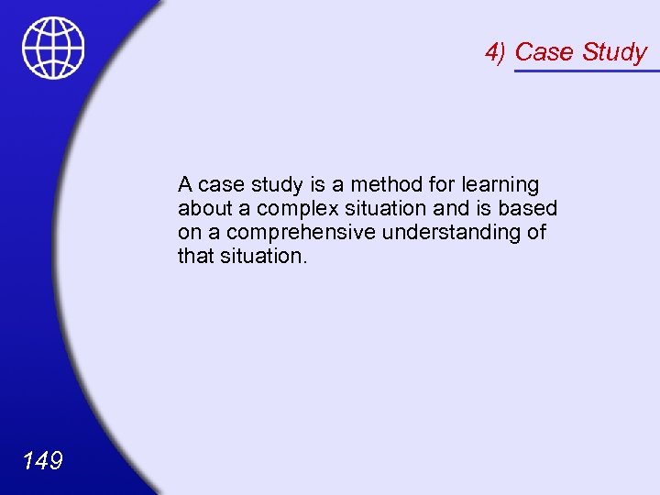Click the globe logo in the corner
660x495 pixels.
pos(53,49)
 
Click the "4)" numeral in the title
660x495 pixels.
pos(496,52)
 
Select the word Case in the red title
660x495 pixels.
pos(544,52)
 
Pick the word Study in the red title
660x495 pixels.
pos(614,52)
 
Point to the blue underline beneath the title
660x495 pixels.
pos(587,71)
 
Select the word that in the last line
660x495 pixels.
pos(195,256)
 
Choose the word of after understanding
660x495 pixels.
pos(536,232)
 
